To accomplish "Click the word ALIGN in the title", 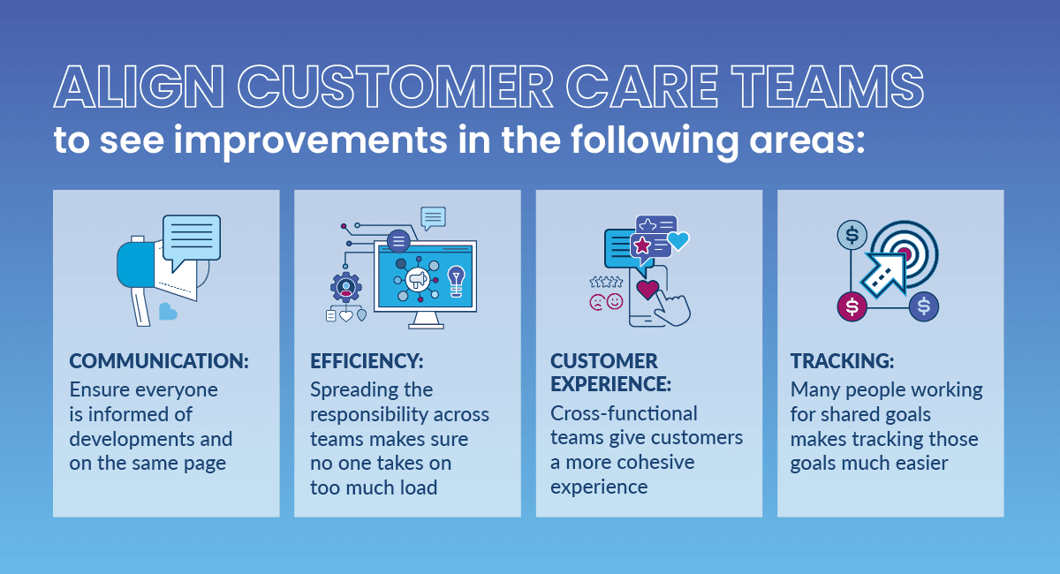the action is click(139, 87).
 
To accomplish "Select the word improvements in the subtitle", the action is click(310, 141).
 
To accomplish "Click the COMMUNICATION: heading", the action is click(159, 361).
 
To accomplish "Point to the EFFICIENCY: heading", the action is click(367, 361).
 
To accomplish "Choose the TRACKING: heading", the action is click(843, 361).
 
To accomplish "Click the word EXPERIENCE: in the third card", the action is click(610, 384).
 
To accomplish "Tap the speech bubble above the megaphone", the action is click(192, 242).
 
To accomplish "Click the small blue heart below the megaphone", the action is click(168, 312).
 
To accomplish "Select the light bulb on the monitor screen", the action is click(456, 282).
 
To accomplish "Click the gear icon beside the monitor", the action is click(346, 287).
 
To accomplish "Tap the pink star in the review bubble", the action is click(642, 245).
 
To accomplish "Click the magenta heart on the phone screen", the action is click(647, 289).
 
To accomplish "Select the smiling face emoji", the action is click(615, 301).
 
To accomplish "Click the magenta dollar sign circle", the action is click(852, 306).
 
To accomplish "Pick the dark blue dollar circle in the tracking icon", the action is click(924, 306).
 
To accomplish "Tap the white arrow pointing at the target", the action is click(884, 275).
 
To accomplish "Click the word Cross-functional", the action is click(624, 413).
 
